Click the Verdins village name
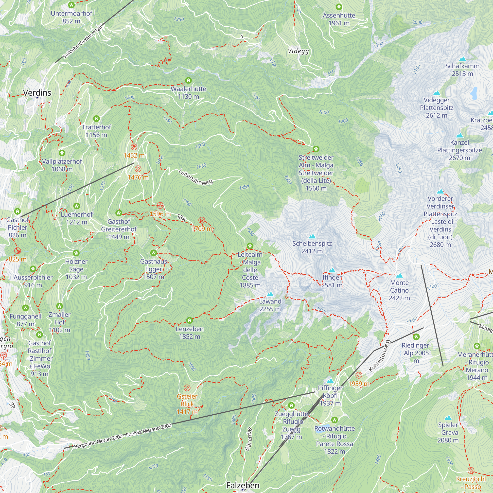tap(37, 93)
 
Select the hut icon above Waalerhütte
tap(188, 81)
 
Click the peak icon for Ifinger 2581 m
tap(332, 270)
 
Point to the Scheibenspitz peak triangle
tap(312, 236)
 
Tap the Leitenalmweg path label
tap(195, 177)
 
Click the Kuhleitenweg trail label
tap(379, 356)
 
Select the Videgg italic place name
tap(298, 51)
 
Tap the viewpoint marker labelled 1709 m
tap(202, 220)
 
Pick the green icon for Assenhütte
tap(339, 7)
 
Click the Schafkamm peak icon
tap(462, 59)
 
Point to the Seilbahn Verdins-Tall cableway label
tap(82, 42)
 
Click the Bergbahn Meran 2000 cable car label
tap(123, 436)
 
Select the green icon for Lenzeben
tap(189, 320)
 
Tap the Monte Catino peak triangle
tap(399, 275)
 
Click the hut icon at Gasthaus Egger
tap(153, 253)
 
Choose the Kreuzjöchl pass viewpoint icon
tap(471, 470)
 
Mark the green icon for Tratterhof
tap(96, 119)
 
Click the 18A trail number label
tap(181, 217)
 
